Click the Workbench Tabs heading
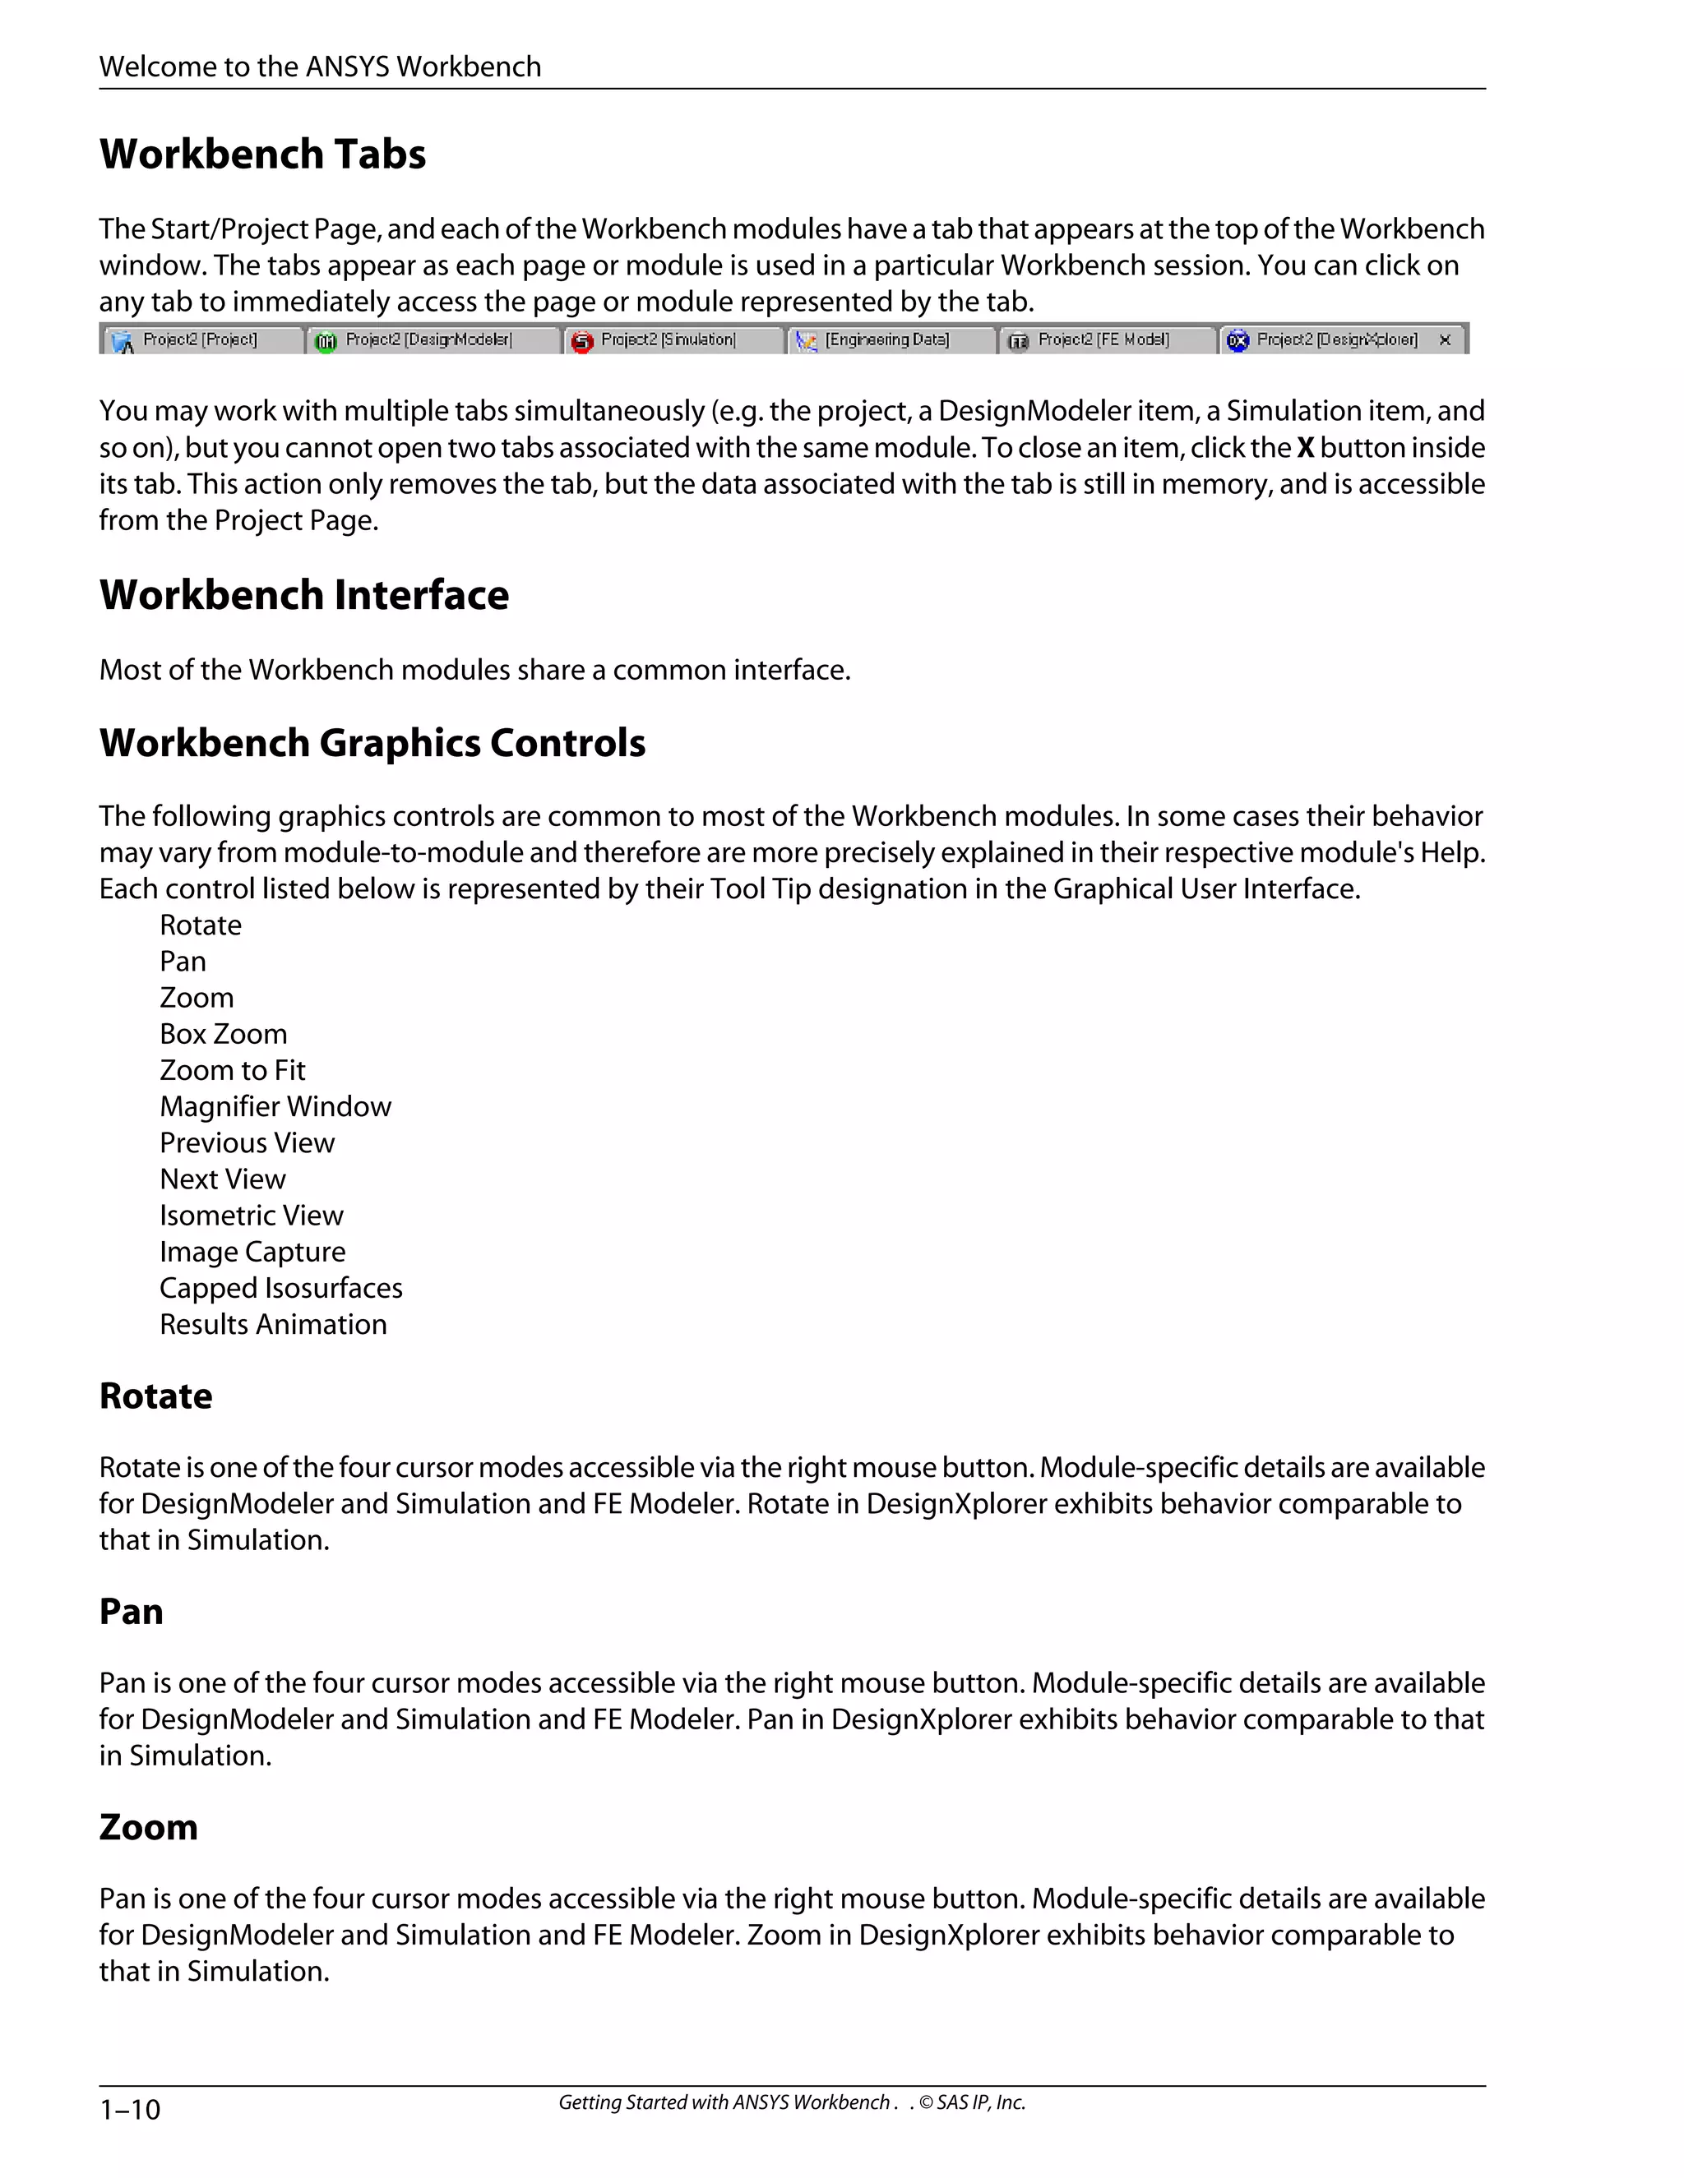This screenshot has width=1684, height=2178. coord(262,155)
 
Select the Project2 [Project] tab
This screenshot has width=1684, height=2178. coord(200,340)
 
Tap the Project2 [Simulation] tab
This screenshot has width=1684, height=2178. coord(668,340)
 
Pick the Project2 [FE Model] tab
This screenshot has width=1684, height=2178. coord(1103,340)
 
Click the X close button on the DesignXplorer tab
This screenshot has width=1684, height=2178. coord(1445,340)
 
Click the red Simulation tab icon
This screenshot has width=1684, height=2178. coord(583,342)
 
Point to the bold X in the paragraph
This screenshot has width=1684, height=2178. coord(1305,448)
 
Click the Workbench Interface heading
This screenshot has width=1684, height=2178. coord(304,595)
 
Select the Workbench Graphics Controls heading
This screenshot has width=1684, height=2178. coord(372,743)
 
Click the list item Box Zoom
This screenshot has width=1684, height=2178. coord(224,1034)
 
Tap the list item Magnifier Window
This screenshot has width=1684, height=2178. coord(275,1107)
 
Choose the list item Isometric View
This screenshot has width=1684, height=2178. coord(252,1216)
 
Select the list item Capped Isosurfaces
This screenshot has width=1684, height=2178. coord(281,1289)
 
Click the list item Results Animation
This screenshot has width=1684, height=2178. coord(273,1324)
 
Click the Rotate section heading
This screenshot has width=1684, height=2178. coord(155,1396)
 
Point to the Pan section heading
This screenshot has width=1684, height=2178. coord(131,1612)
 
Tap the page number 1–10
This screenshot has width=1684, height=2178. coord(130,2109)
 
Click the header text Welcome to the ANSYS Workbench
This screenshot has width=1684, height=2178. coord(320,67)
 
